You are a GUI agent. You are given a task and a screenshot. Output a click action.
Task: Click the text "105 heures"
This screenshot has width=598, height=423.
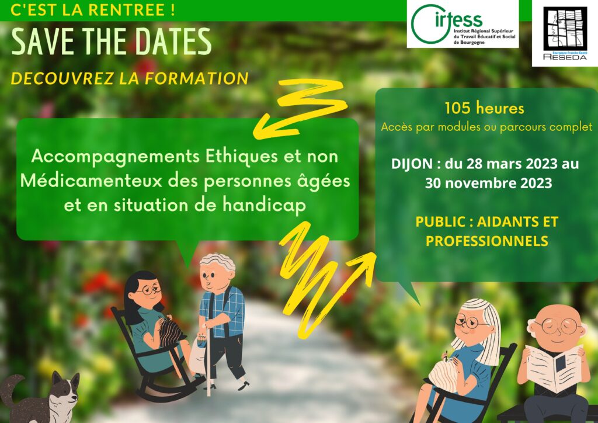[484, 109]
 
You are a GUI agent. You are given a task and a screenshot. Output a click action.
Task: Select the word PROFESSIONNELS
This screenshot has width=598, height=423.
[486, 241]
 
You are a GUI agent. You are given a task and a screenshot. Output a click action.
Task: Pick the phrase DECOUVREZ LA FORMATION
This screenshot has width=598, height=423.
[130, 78]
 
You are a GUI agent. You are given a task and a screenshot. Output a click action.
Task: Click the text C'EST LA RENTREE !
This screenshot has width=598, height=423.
[92, 9]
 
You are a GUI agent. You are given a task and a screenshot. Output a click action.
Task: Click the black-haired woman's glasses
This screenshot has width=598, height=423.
[148, 290]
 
